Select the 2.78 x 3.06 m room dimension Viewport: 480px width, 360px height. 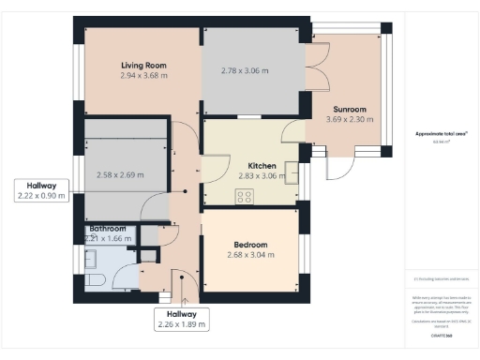point(245,71)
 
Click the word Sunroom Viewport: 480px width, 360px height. point(346,109)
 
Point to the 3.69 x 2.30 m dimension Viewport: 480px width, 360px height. point(346,119)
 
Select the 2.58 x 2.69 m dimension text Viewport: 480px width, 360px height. point(121,175)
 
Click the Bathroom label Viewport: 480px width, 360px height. point(108,229)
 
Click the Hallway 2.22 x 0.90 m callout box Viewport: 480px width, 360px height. point(41,190)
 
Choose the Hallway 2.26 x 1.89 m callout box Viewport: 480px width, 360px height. point(181,319)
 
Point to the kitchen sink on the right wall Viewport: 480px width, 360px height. point(292,172)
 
